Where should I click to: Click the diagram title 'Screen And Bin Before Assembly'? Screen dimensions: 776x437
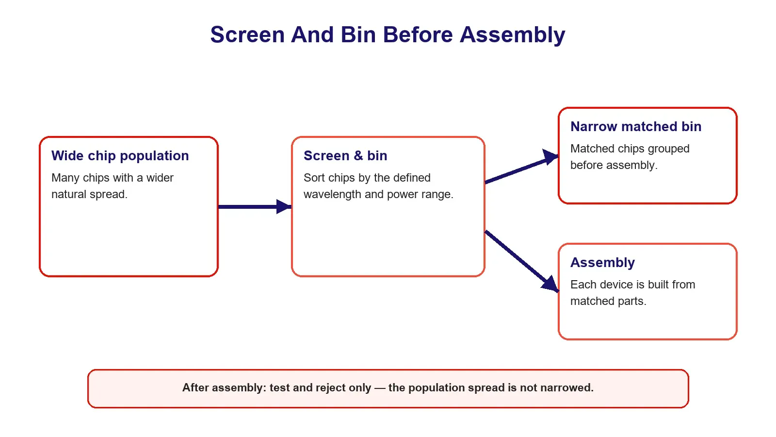pyautogui.click(x=388, y=34)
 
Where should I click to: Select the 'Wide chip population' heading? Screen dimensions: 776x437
pyautogui.click(x=120, y=156)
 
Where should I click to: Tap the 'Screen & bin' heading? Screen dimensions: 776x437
pyautogui.click(x=345, y=156)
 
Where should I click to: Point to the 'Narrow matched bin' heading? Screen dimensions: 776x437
pyautogui.click(x=636, y=127)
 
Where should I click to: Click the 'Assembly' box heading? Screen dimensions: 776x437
pyautogui.click(x=603, y=263)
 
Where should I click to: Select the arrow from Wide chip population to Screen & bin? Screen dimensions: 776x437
pyautogui.click(x=255, y=207)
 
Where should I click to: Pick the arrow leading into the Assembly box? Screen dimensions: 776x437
pyautogui.click(x=522, y=261)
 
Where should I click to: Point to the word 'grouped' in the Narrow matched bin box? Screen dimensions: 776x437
pyautogui.click(x=669, y=149)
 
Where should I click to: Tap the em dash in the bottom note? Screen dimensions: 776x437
pyautogui.click(x=380, y=388)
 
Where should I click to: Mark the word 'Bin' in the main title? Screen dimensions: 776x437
pyautogui.click(x=358, y=34)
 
